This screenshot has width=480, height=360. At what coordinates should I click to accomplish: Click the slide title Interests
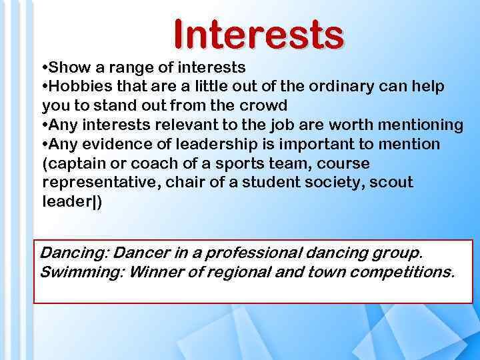pyautogui.click(x=259, y=35)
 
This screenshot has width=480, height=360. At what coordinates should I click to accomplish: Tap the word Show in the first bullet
pyautogui.click(x=69, y=67)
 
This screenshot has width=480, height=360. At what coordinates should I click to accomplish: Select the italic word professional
pyautogui.click(x=247, y=253)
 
